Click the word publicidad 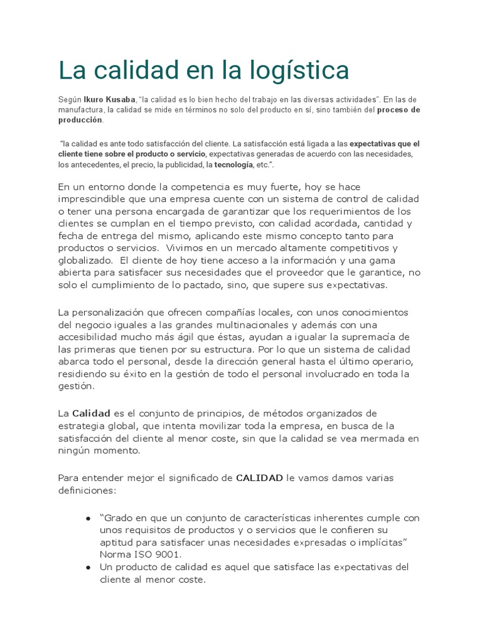pyautogui.click(x=179, y=165)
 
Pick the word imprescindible pyautogui.click(x=95, y=199)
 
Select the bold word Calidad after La pyautogui.click(x=91, y=413)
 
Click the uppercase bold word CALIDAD pyautogui.click(x=259, y=478)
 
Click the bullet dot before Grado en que pyautogui.click(x=88, y=519)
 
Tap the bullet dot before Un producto pyautogui.click(x=88, y=567)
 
